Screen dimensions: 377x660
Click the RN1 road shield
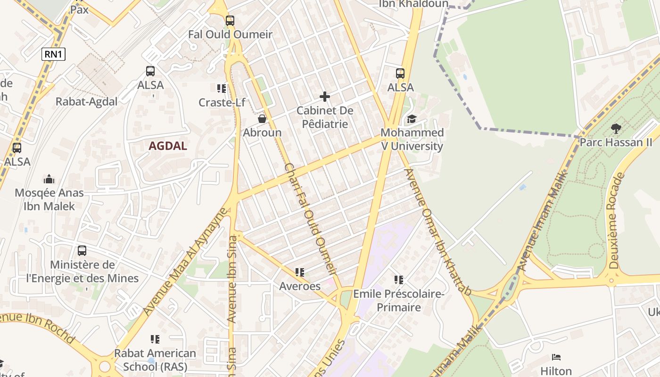pos(53,54)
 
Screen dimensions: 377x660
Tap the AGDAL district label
pos(168,146)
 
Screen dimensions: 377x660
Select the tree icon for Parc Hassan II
pos(616,128)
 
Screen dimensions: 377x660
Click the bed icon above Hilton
pos(556,357)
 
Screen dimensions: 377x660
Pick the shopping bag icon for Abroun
pos(262,119)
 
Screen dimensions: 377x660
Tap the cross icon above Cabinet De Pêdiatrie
pos(325,97)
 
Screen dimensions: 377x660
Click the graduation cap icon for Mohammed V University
pos(412,119)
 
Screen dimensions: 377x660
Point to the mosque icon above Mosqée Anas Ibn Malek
pos(49,179)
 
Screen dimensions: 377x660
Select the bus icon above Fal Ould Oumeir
pos(230,21)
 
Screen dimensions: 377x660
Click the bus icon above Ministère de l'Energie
pos(82,251)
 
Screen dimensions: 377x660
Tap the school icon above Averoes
pos(300,272)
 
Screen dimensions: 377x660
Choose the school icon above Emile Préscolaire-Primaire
pos(399,280)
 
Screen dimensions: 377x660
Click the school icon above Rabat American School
pos(155,339)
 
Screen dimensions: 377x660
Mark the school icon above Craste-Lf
pos(222,89)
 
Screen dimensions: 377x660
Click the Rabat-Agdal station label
pos(86,102)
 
